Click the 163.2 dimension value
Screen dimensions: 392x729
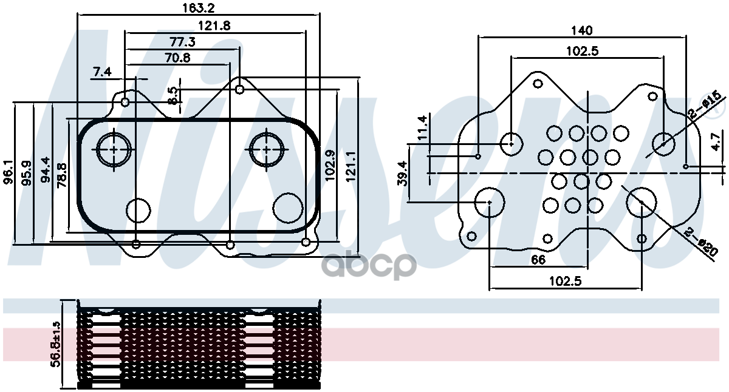(x=198, y=8)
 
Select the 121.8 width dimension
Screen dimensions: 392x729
(x=214, y=25)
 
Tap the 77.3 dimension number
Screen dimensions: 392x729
(x=182, y=42)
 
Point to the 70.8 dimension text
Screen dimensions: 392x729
(x=177, y=58)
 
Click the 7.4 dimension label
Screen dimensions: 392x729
(x=102, y=72)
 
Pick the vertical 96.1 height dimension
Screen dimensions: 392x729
(x=9, y=173)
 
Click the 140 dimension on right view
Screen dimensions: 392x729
(x=582, y=30)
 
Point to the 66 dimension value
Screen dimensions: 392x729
(x=538, y=260)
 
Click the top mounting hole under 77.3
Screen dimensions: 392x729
(x=240, y=89)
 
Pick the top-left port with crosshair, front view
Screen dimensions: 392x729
(x=114, y=148)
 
